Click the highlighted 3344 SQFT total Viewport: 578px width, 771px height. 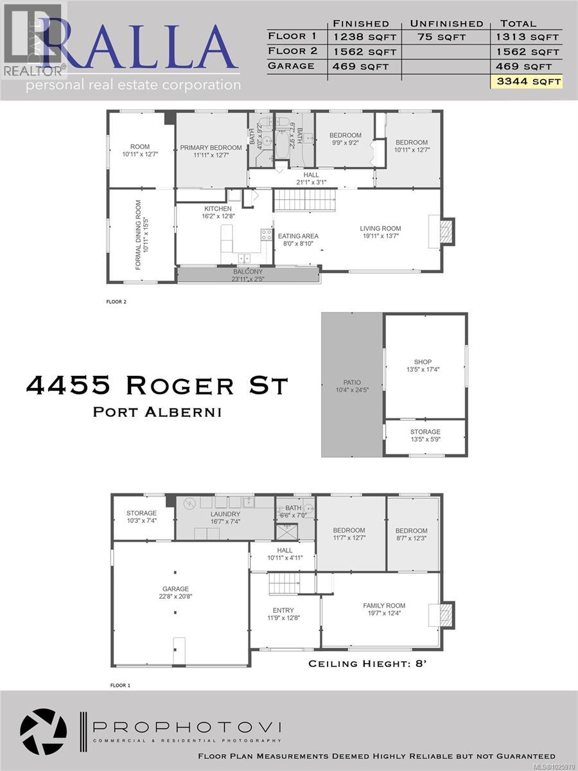[x=526, y=82]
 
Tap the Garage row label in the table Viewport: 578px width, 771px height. [x=291, y=66]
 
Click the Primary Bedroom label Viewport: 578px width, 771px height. [x=211, y=148]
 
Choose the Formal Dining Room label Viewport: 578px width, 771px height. [x=137, y=235]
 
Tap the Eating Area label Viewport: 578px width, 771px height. [x=298, y=236]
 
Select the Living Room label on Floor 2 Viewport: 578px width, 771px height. [x=380, y=228]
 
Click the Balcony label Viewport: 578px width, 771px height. [x=248, y=272]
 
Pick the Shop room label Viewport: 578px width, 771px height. [x=423, y=362]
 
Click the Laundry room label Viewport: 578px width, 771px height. [x=225, y=514]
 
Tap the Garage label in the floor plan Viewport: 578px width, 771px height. [x=175, y=589]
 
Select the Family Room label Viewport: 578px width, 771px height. [x=384, y=605]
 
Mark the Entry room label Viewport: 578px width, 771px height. [x=283, y=610]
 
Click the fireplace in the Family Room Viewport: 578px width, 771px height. [x=445, y=614]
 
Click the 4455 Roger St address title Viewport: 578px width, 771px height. [x=157, y=385]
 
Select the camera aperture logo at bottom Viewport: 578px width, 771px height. [x=43, y=732]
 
